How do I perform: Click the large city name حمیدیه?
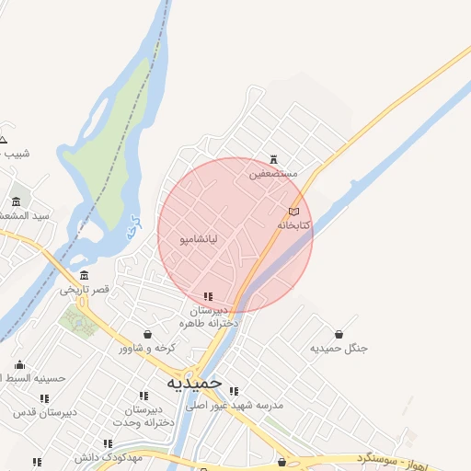[x=194, y=381]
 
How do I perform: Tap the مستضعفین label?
[x=274, y=173]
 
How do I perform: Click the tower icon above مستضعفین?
[x=273, y=159]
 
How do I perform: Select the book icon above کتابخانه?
[x=293, y=212]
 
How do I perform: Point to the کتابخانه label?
[x=293, y=224]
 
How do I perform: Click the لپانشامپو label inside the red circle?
[x=199, y=239]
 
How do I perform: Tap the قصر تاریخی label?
[x=85, y=289]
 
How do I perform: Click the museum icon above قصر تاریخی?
[x=85, y=275]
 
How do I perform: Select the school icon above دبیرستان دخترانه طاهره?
[x=208, y=296]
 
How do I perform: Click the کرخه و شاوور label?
[x=147, y=348]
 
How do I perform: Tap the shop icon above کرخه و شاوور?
[x=147, y=334]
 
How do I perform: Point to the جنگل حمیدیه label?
[x=339, y=348]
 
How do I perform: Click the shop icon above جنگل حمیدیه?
[x=339, y=334]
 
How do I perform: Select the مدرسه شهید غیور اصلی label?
[x=235, y=405]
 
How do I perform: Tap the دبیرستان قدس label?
[x=43, y=411]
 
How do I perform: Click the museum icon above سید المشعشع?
[x=16, y=201]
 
